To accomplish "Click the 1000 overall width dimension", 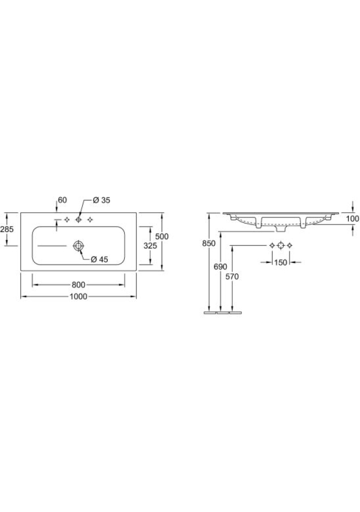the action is click(78, 297).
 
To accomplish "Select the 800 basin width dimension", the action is click(78, 285).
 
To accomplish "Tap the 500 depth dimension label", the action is click(162, 236).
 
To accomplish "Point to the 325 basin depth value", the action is click(150, 245).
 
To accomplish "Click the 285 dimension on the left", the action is click(7, 229).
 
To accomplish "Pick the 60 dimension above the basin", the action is click(62, 200).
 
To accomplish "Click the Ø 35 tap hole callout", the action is click(101, 200).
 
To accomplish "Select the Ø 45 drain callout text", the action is click(99, 259).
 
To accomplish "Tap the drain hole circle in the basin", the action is click(78, 245).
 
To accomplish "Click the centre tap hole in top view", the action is click(78, 220).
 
